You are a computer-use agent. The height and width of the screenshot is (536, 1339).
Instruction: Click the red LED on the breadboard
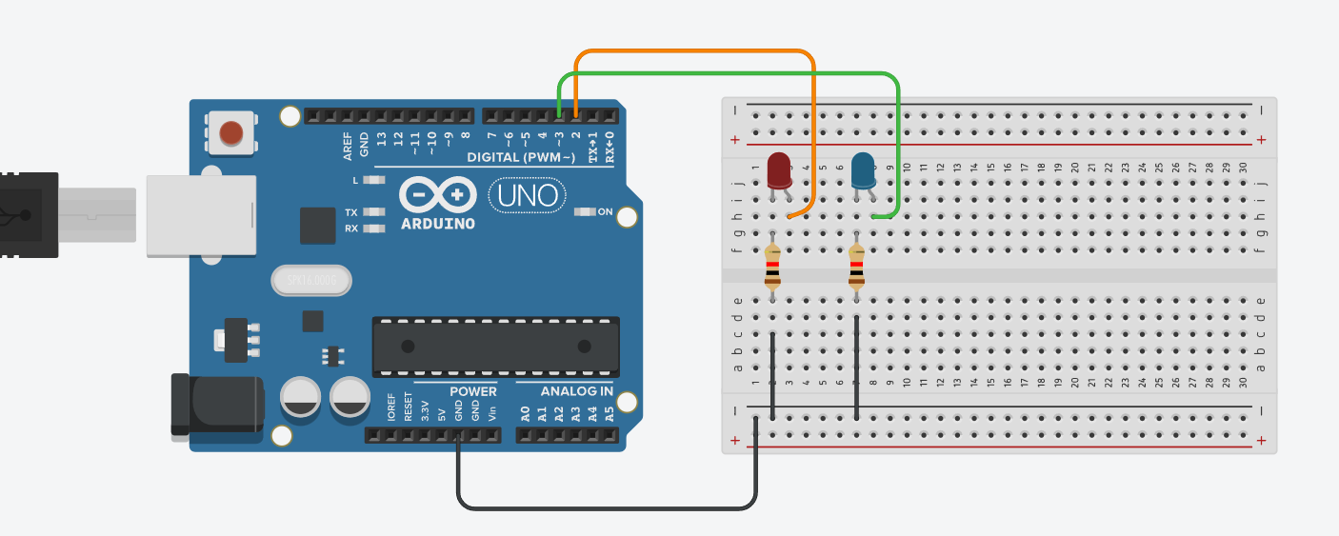pyautogui.click(x=779, y=169)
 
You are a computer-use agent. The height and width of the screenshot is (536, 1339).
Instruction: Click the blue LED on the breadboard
pyautogui.click(x=864, y=170)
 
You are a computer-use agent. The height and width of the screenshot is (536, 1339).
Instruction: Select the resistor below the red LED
pyautogui.click(x=772, y=268)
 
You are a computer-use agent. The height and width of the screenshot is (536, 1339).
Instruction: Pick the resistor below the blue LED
pyautogui.click(x=857, y=267)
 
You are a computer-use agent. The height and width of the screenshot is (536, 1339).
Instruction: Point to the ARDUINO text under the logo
pyautogui.click(x=438, y=224)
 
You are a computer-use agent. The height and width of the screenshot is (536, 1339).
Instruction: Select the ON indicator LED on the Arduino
pyautogui.click(x=585, y=211)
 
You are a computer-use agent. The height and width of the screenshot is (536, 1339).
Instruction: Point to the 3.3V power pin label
pyautogui.click(x=424, y=410)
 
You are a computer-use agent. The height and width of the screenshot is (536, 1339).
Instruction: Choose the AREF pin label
pyautogui.click(x=348, y=145)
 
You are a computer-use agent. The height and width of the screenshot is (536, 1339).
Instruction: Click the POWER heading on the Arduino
pyautogui.click(x=472, y=391)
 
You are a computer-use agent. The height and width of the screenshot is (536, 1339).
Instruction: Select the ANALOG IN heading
pyautogui.click(x=577, y=391)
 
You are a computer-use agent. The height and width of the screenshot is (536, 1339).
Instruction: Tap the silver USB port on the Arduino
pyautogui.click(x=201, y=214)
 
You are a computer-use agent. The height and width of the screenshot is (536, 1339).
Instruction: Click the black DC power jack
pyautogui.click(x=216, y=406)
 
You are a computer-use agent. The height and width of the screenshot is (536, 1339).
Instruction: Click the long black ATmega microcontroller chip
pyautogui.click(x=495, y=346)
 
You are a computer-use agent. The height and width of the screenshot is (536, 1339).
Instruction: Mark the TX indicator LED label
pyautogui.click(x=351, y=212)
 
